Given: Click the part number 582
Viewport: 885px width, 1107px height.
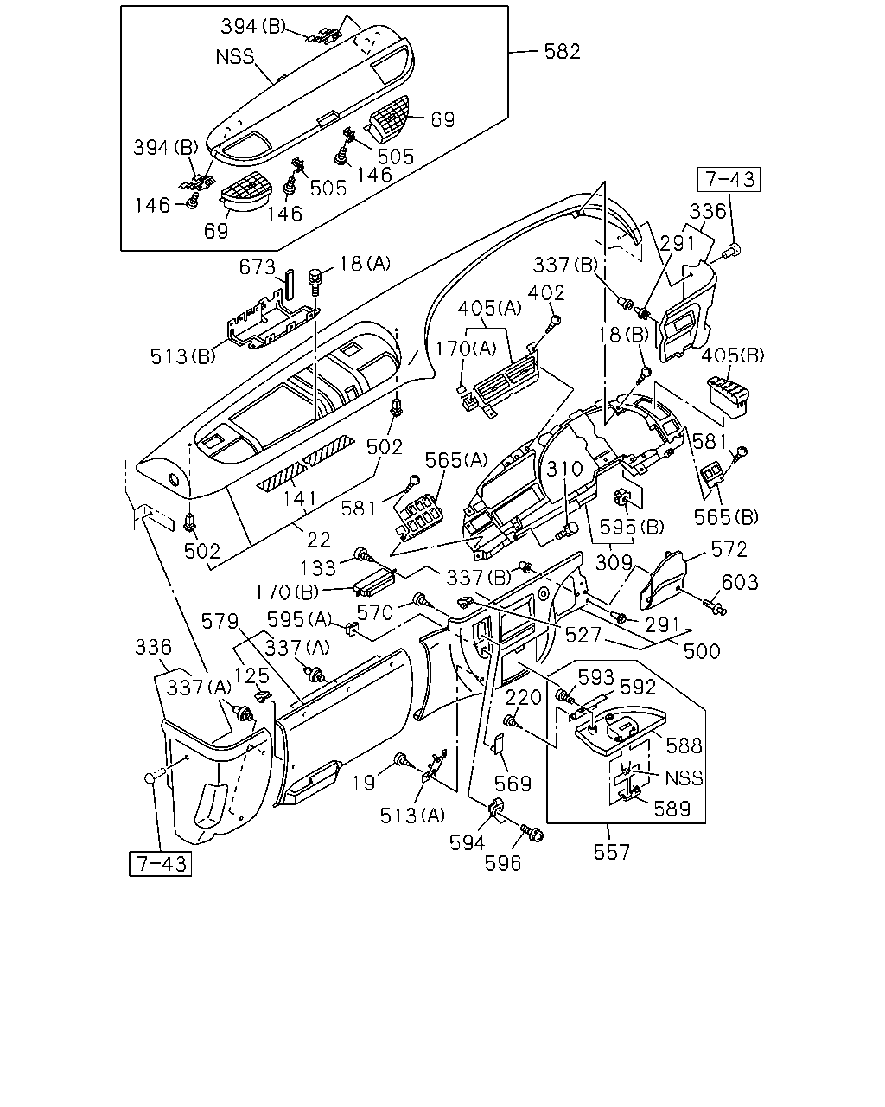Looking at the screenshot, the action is click(x=562, y=51).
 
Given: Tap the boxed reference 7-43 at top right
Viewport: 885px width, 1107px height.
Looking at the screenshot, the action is click(x=729, y=180).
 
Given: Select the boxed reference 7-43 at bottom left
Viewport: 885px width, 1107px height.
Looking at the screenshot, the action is click(x=160, y=864).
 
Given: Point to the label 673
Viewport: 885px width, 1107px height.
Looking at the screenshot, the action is click(x=258, y=267).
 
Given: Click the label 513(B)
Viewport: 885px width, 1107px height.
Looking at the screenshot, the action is click(x=182, y=356).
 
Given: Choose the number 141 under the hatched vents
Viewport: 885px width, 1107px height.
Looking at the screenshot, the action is click(x=300, y=498).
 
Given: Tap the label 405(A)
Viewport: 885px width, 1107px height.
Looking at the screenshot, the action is click(x=489, y=308).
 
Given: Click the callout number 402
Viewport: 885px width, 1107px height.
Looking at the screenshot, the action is click(x=546, y=292).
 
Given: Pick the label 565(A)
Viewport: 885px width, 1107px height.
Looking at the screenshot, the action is click(x=456, y=459).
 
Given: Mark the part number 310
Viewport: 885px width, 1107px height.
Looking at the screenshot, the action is click(x=564, y=469).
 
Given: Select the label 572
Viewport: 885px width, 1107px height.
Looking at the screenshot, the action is click(x=729, y=550).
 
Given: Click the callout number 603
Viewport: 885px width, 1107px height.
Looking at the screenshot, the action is click(x=740, y=582).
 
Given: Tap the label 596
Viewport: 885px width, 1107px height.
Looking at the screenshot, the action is click(x=503, y=864).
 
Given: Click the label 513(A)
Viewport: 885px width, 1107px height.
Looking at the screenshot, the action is click(x=412, y=816).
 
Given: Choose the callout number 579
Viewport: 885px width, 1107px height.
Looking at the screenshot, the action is click(x=220, y=622).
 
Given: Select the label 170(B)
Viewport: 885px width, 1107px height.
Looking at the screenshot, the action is click(x=287, y=592).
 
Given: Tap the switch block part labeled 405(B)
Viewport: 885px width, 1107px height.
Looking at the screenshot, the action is click(x=729, y=397).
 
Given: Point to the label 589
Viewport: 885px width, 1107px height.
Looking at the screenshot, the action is click(x=672, y=809).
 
